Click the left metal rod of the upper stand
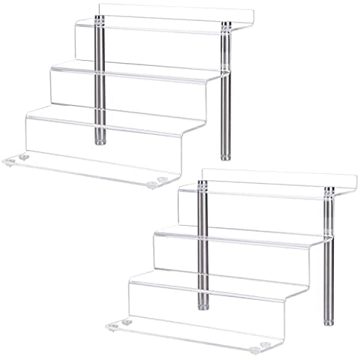coord(97,82)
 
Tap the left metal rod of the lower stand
coord(201,247)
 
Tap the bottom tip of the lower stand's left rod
coord(201,307)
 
